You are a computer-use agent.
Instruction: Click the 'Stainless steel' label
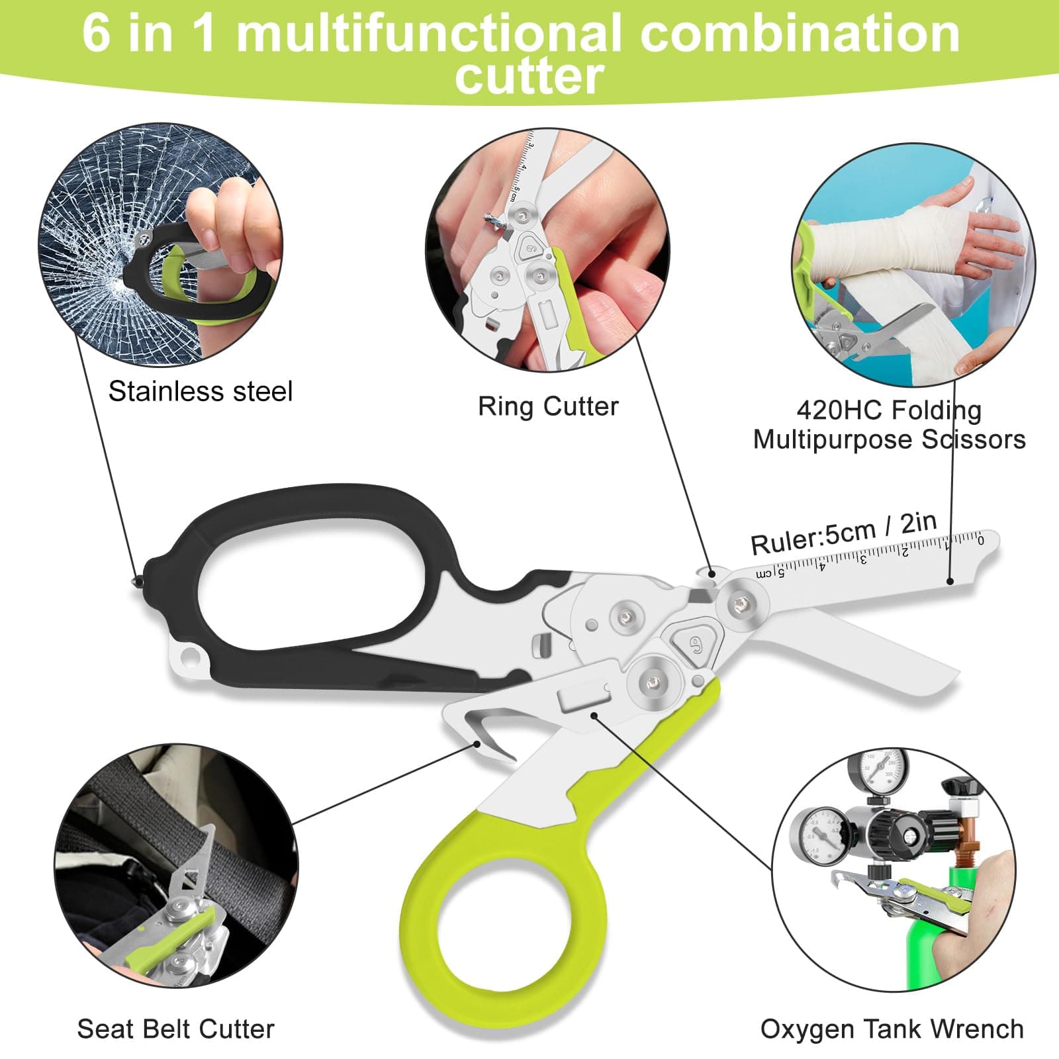pyautogui.click(x=200, y=391)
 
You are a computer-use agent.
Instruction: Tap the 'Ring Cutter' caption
pyautogui.click(x=548, y=406)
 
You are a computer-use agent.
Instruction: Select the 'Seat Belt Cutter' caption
pyautogui.click(x=175, y=1029)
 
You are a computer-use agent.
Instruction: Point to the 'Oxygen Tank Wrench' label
pyautogui.click(x=892, y=1029)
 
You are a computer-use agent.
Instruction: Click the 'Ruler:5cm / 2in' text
pyautogui.click(x=843, y=533)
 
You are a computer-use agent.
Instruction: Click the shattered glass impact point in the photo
pyautogui.click(x=119, y=278)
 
